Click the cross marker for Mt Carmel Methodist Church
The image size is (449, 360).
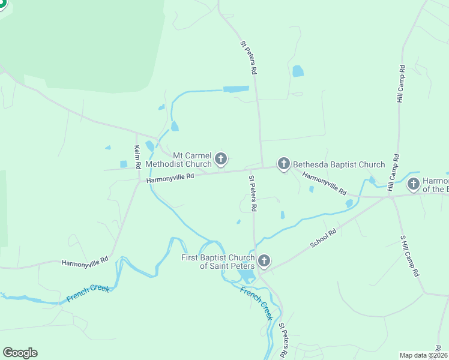coord(221,159)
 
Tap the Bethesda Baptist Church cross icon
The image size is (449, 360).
coord(283,164)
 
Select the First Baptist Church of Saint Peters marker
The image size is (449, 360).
coord(264,261)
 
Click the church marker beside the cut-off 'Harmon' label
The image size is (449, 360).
coord(414,184)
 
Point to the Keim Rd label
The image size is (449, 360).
coord(137,156)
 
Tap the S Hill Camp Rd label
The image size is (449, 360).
coord(409,255)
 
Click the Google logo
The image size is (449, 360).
coord(20,353)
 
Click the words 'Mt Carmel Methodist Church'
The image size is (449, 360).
coord(179,159)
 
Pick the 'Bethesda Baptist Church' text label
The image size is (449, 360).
coord(339,164)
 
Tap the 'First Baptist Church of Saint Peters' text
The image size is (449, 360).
coord(218,262)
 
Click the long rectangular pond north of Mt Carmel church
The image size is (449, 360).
coord(236,89)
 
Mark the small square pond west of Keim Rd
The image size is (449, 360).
coord(124,164)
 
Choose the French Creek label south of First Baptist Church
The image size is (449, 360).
coord(256,303)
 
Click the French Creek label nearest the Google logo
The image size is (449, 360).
coord(88,293)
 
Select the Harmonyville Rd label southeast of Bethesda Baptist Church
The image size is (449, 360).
coord(324,184)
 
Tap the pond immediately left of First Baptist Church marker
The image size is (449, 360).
coord(246,277)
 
